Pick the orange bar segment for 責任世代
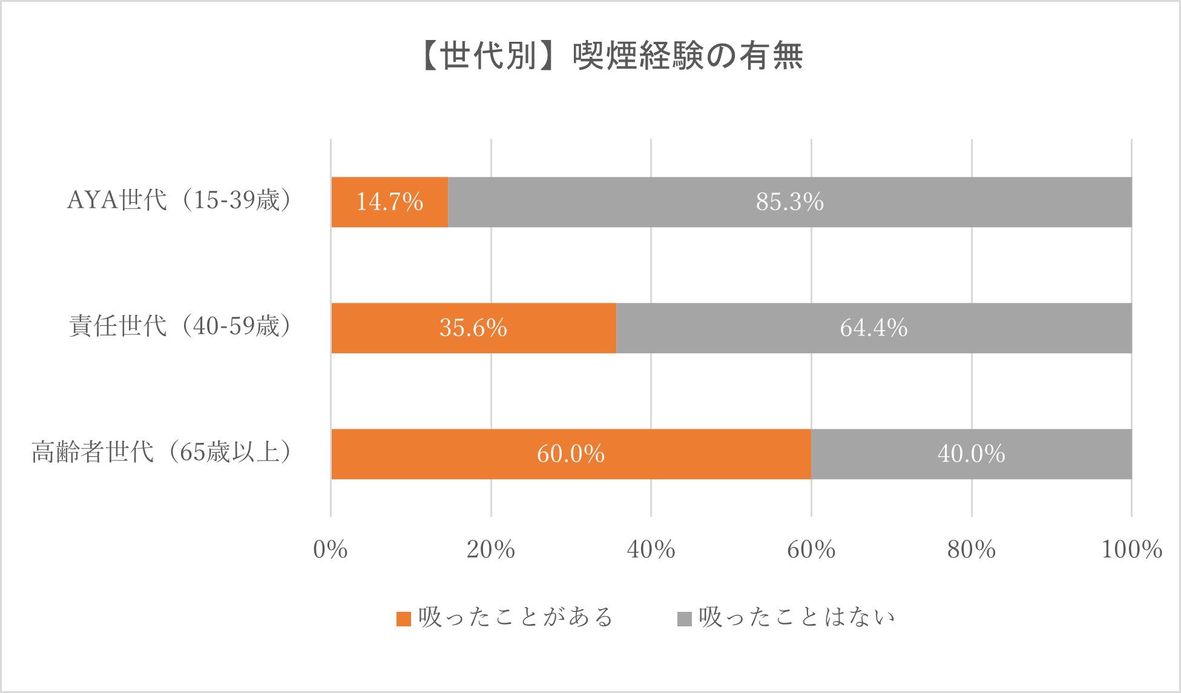pos(393,328)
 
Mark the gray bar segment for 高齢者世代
pos(878,454)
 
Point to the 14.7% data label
pos(389,202)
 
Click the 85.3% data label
pos(789,202)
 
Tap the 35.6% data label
pos(473,328)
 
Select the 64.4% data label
pos(873,328)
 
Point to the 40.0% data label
pos(971,454)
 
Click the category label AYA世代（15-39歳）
pos(180,201)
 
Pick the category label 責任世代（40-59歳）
pos(181,327)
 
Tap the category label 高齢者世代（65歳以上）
pos(162,453)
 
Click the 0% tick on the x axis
pos(331,550)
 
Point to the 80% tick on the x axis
pos(971,550)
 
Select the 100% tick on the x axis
pos(1131,550)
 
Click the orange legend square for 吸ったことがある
pos(404,618)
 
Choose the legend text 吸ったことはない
pos(797,618)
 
